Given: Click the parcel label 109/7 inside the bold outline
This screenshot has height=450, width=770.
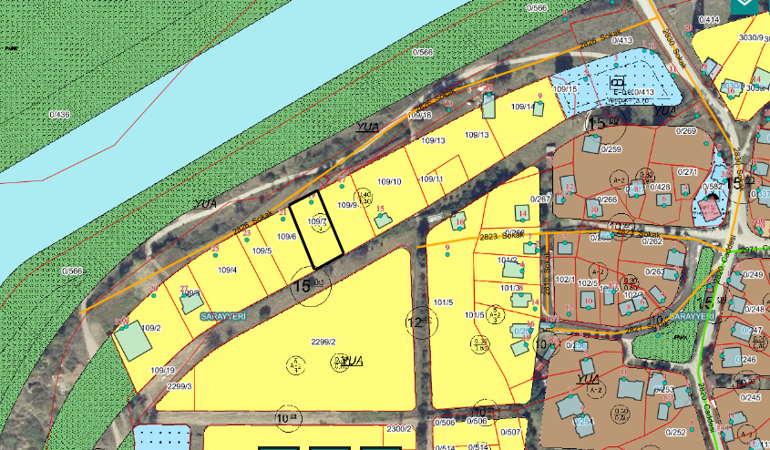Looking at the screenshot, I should (317, 222).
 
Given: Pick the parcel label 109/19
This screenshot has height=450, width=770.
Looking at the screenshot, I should (162, 370).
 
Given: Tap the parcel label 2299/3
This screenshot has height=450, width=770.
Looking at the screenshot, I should (179, 386).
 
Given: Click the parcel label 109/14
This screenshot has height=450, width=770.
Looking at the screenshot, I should (522, 107).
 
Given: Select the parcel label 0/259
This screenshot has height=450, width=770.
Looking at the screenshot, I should (610, 149).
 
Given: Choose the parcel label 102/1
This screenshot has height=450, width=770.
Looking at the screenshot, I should (565, 280).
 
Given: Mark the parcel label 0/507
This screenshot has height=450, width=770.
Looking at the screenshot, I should (510, 432).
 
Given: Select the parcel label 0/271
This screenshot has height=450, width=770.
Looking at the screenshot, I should (686, 171).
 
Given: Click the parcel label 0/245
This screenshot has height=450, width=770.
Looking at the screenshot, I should (750, 397).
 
